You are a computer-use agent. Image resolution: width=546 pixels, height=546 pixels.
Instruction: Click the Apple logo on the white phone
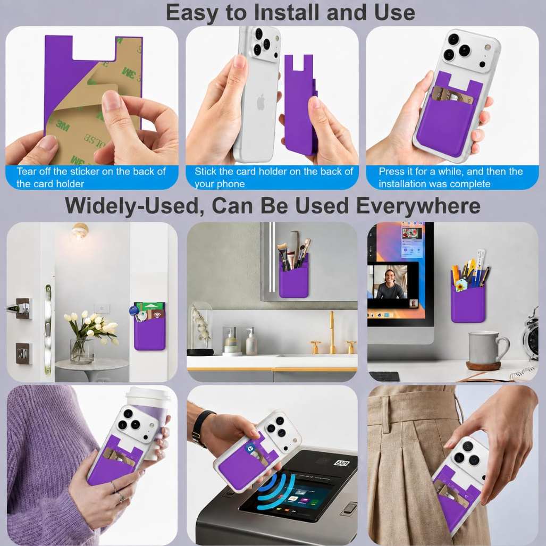coord(261,102)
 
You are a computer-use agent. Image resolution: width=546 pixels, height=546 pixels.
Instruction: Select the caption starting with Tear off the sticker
coord(91,178)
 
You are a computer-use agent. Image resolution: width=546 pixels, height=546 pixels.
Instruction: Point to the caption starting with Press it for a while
coord(451,178)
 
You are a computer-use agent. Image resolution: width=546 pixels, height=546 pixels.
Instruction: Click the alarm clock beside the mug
coord(531,335)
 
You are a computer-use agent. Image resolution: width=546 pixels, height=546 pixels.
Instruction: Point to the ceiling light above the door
coord(80,231)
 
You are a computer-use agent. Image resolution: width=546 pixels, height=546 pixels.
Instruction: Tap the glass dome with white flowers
coord(201,328)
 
